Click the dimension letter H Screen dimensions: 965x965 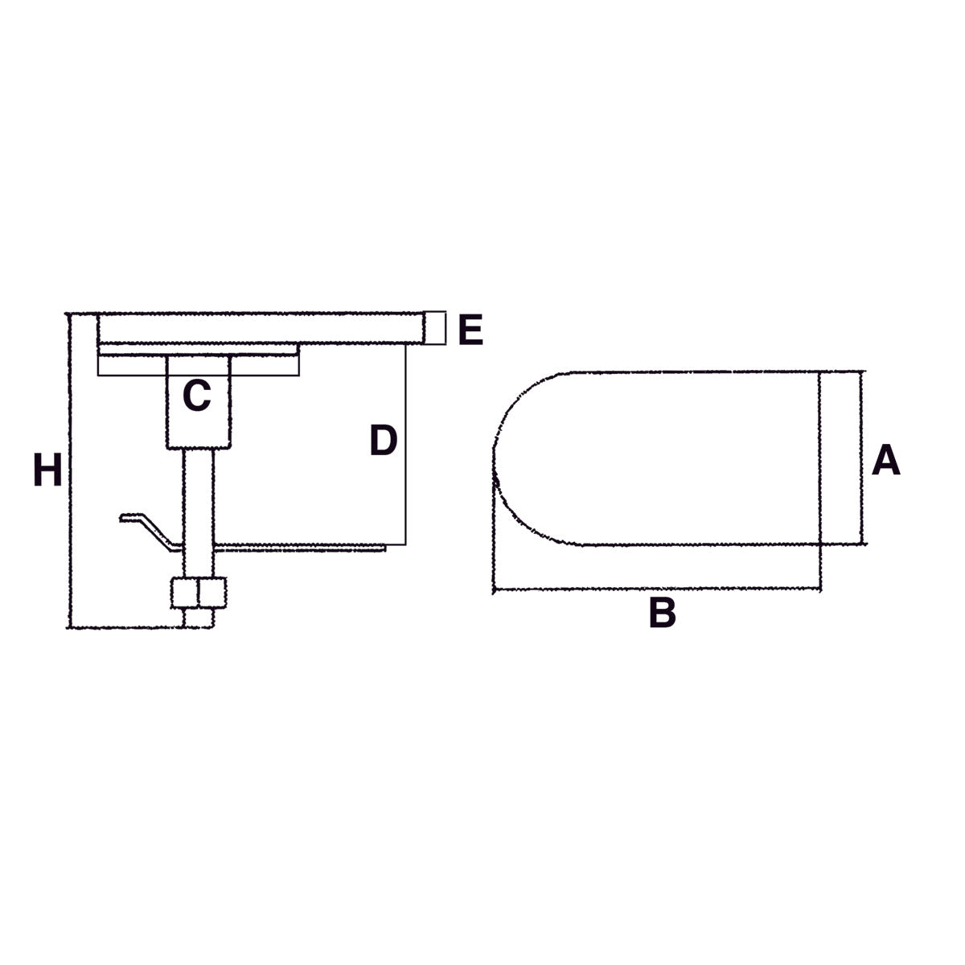click(47, 470)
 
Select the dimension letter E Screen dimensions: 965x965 click(470, 330)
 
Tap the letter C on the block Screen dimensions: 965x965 click(197, 396)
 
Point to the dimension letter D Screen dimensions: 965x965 click(384, 440)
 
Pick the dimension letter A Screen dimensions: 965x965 click(886, 461)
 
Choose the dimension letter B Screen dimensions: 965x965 click(662, 613)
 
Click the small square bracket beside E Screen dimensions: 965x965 click(435, 328)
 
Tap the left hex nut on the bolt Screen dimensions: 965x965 click(184, 593)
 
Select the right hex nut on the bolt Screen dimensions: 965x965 click(211, 593)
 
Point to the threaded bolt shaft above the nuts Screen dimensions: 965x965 click(198, 507)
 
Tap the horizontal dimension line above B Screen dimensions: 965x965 click(655, 589)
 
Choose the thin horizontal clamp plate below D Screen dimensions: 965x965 click(306, 548)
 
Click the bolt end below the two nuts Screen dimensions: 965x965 click(198, 618)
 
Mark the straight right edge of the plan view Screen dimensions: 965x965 click(819, 458)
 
